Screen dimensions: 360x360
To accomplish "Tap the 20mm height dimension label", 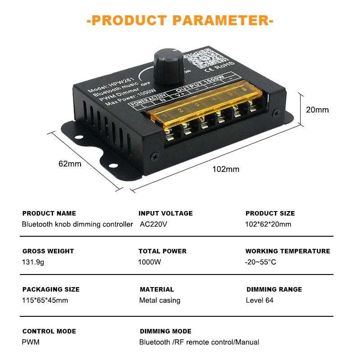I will [317, 110].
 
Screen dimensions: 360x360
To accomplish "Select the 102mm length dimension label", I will [226, 169].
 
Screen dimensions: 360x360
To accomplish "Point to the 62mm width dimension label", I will [70, 163].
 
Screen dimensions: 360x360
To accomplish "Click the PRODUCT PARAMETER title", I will [180, 20].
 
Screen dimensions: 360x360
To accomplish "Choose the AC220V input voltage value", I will [153, 224].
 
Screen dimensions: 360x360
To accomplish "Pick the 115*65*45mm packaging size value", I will [45, 300].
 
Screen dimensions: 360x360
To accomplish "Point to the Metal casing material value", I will [160, 300].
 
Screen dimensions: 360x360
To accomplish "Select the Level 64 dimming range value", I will [260, 300].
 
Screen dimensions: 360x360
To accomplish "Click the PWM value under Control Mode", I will [31, 342].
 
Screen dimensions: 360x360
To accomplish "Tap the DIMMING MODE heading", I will [166, 331].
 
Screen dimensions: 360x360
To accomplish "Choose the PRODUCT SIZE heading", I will [270, 213].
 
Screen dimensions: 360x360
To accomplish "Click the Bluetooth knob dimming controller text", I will [77, 224].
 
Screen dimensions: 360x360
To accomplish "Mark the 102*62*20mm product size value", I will [268, 224].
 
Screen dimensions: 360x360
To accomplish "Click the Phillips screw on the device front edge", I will [155, 156].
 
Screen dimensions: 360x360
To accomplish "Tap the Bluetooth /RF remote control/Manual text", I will [199, 342].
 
